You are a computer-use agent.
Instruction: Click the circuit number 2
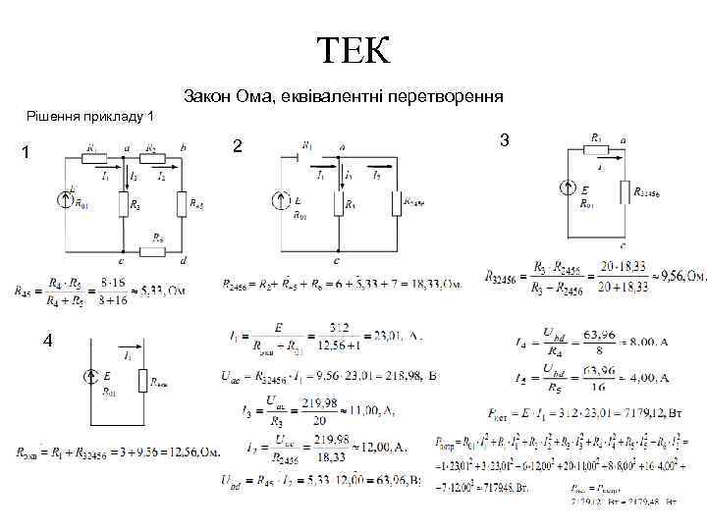point(237,147)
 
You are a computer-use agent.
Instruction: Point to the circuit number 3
point(504,141)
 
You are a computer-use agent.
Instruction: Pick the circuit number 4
point(46,341)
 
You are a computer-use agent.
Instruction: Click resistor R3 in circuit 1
point(124,205)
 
